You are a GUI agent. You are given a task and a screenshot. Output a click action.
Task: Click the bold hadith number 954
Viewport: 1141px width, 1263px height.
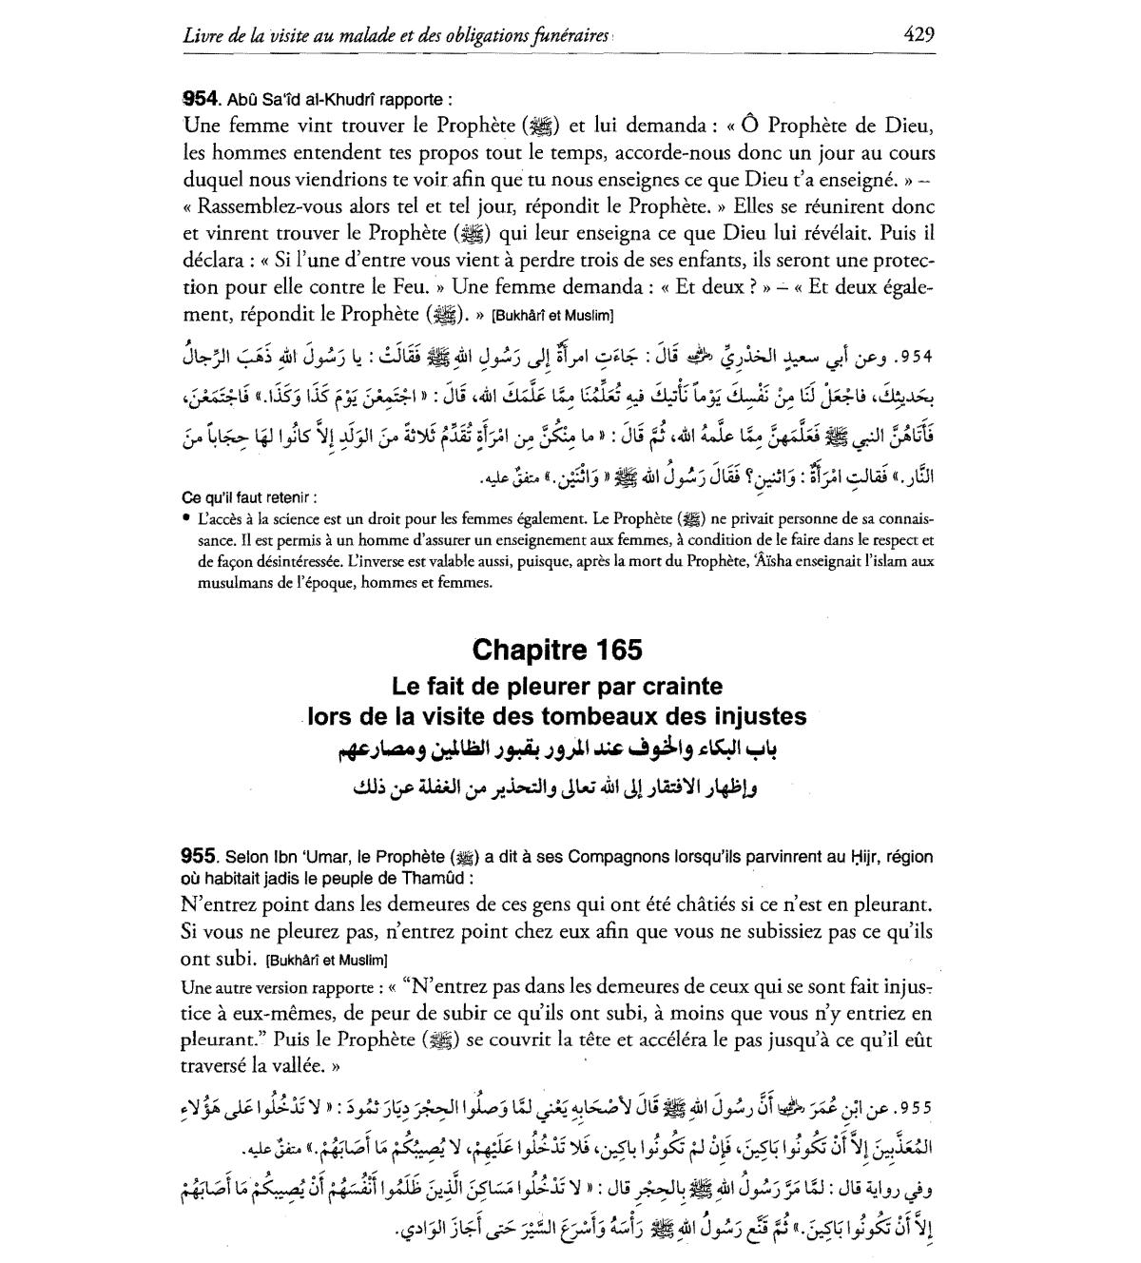(x=202, y=98)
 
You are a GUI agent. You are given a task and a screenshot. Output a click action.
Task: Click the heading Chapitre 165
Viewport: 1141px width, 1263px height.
(x=556, y=650)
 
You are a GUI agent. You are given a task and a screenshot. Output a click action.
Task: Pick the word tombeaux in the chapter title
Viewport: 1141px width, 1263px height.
(x=602, y=716)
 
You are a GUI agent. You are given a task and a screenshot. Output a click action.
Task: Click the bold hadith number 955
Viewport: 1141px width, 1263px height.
(x=202, y=857)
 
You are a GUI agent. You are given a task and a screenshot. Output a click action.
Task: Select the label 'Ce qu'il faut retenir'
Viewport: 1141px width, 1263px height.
(x=248, y=497)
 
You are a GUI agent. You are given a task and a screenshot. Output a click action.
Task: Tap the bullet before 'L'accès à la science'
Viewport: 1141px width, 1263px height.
(x=187, y=519)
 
